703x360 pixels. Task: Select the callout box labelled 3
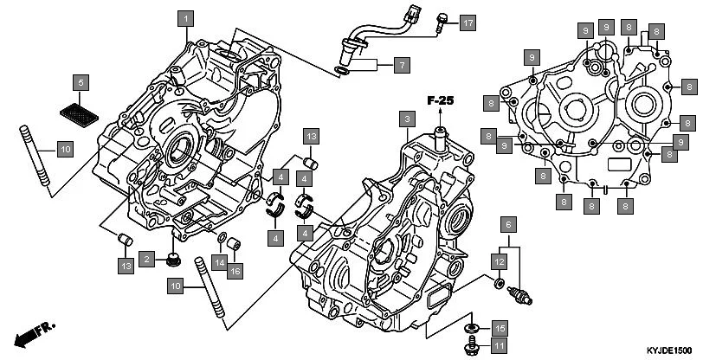pos(404,117)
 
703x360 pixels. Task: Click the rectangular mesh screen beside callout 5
pos(79,110)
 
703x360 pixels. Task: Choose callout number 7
pos(402,64)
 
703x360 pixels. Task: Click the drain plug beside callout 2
pos(172,257)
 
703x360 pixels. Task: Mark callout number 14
pos(221,261)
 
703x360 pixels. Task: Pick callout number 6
pos(510,226)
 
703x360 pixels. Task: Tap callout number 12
pos(500,260)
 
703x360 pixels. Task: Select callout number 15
pos(499,327)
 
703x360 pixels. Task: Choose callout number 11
pos(499,346)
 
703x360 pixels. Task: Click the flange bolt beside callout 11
pos(474,344)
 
